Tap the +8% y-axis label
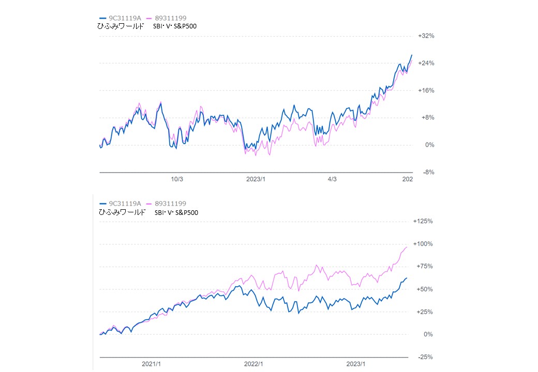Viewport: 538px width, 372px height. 425,118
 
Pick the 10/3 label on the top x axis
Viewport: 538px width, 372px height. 177,179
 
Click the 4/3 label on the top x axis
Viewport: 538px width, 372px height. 332,179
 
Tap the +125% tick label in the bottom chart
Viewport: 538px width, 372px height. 423,221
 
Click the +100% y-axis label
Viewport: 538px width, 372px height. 423,244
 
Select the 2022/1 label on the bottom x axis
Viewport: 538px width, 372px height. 253,364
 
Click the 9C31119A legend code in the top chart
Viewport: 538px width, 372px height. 124,18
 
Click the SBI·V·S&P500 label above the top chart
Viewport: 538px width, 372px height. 175,26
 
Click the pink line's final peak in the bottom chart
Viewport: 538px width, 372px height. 407,247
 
